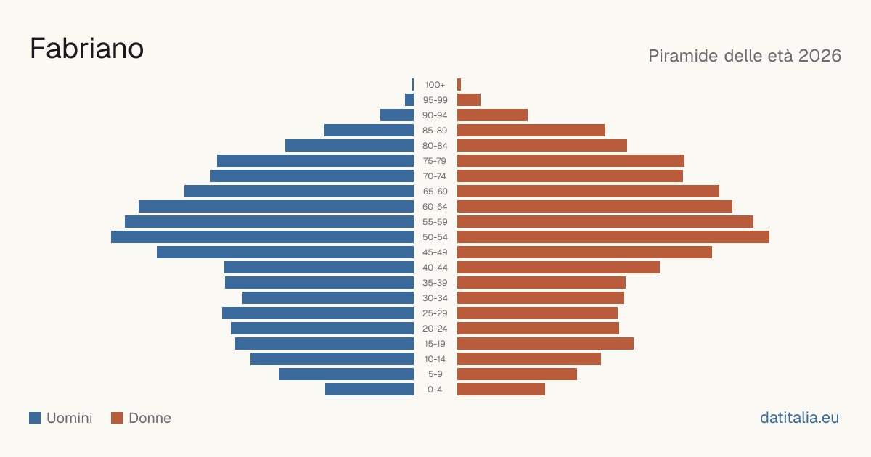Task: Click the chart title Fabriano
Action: tap(86, 49)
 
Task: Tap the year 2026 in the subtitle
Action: tap(819, 56)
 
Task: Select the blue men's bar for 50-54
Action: tap(263, 237)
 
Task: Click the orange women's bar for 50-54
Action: tap(613, 237)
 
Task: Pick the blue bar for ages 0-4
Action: tap(369, 390)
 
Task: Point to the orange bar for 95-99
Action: tap(469, 100)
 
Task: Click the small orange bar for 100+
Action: tap(459, 85)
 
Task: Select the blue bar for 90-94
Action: tap(397, 115)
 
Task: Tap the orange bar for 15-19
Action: tap(546, 344)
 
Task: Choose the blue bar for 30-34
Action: tap(328, 298)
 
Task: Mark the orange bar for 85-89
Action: tap(531, 130)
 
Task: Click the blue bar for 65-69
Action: tap(299, 192)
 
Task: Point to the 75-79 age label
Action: tap(435, 161)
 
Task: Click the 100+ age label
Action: tap(435, 85)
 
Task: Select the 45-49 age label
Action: tap(435, 252)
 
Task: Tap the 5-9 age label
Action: tap(435, 374)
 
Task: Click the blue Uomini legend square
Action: tap(35, 418)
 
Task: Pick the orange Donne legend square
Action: tap(117, 418)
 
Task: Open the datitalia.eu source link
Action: tap(799, 418)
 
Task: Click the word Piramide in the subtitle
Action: tap(688, 56)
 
